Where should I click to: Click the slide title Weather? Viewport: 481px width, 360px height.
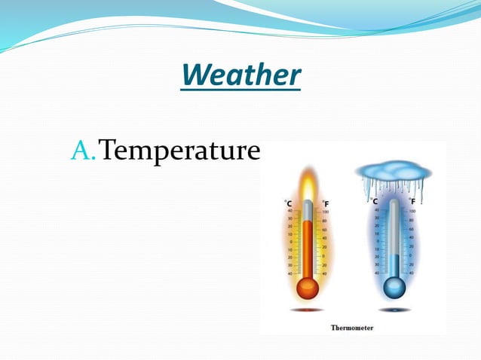(240, 75)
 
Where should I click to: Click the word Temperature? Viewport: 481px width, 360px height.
(179, 151)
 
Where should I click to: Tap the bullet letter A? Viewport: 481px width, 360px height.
(81, 151)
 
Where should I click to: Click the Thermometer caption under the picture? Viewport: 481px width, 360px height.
(352, 328)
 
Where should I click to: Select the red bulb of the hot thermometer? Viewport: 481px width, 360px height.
(307, 288)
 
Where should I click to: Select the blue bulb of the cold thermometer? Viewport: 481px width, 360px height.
(394, 288)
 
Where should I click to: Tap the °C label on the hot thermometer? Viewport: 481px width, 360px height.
(288, 203)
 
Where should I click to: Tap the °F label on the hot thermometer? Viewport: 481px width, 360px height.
(325, 203)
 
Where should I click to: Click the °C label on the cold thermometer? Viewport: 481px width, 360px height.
(374, 202)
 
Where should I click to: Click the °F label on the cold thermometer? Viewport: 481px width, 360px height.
(412, 202)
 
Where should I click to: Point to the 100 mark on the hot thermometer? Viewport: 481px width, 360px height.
(326, 212)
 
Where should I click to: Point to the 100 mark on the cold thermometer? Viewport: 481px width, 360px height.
(412, 212)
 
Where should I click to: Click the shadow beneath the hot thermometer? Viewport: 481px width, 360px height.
(307, 310)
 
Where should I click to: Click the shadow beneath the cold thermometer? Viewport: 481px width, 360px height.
(394, 310)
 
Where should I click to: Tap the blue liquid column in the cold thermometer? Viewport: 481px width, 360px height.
(394, 265)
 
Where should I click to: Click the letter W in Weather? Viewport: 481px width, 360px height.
(194, 75)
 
